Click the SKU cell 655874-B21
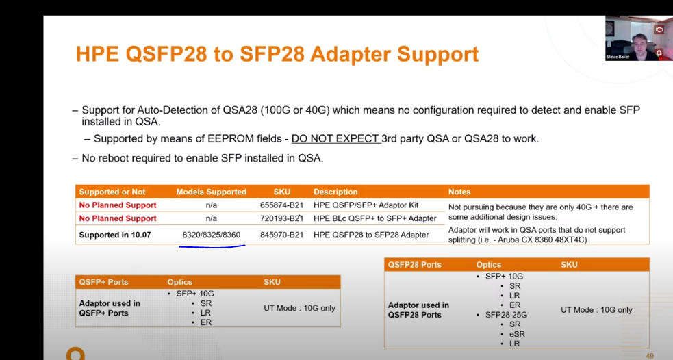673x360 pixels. (281, 205)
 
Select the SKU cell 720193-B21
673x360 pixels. (281, 218)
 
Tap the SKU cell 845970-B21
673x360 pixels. (281, 235)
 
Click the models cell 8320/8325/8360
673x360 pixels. (211, 235)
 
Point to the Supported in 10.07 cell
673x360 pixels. (115, 235)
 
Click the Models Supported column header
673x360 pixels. (211, 192)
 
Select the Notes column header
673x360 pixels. (459, 192)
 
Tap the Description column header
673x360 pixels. (335, 192)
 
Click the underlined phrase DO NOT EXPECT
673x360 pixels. (335, 139)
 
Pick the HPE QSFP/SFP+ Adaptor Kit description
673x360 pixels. (366, 205)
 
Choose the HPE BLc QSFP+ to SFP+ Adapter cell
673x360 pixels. (374, 218)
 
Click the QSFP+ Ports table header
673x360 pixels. (103, 282)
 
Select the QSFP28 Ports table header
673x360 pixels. (414, 265)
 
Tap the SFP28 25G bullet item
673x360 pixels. (506, 315)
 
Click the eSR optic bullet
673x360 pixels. (516, 334)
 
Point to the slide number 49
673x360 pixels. (650, 356)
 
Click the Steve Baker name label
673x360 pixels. (618, 57)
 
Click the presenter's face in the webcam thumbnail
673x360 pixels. (639, 43)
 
